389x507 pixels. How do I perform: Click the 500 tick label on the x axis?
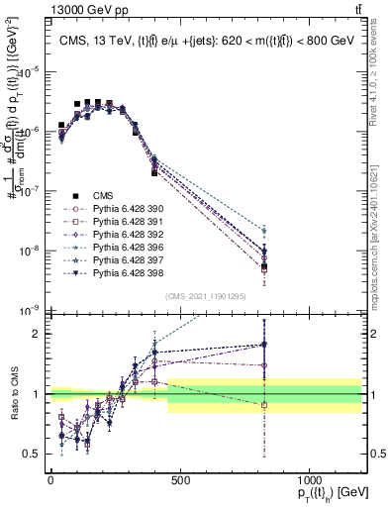point(180,480)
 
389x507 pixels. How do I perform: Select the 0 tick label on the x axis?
point(50,480)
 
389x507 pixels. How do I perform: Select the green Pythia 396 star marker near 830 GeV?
point(264,230)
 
